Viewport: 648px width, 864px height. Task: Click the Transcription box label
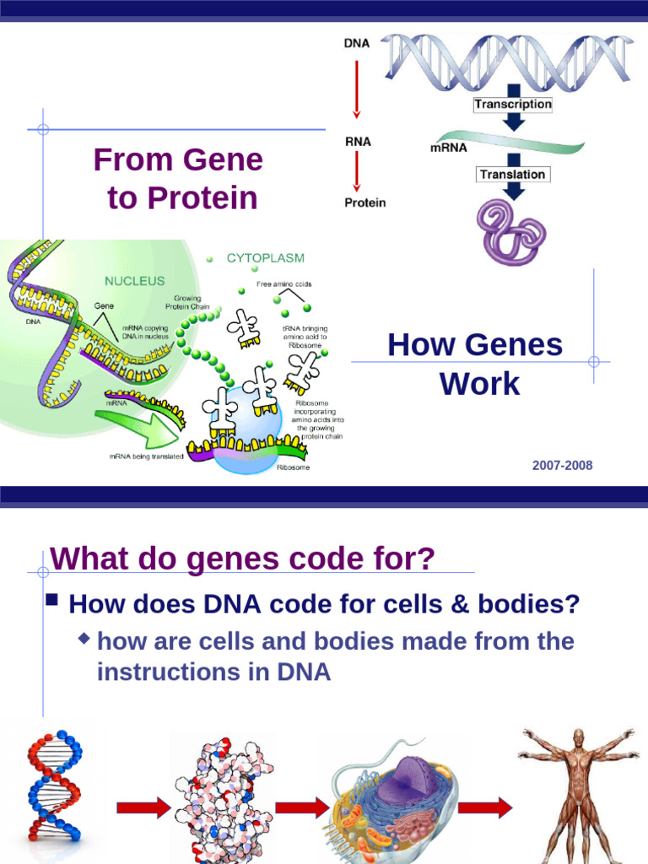pos(512,105)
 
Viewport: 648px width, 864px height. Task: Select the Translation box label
pos(512,175)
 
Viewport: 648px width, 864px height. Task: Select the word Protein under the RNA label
pos(364,202)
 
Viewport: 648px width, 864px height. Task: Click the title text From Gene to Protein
pos(178,178)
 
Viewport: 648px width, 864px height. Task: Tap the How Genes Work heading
pos(475,364)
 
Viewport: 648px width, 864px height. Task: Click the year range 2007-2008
pos(562,466)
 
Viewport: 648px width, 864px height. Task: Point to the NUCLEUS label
pos(134,280)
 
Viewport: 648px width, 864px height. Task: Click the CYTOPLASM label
pos(266,258)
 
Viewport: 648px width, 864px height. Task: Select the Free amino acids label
pos(284,284)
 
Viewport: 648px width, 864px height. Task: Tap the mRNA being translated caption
pos(146,456)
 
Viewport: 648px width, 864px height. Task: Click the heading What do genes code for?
pos(242,559)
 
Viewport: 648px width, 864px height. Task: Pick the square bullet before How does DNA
pos(51,601)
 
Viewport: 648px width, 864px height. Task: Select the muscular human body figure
pos(578,793)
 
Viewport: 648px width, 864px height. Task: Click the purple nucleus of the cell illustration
pos(401,780)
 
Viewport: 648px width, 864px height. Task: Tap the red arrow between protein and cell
pos(302,807)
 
